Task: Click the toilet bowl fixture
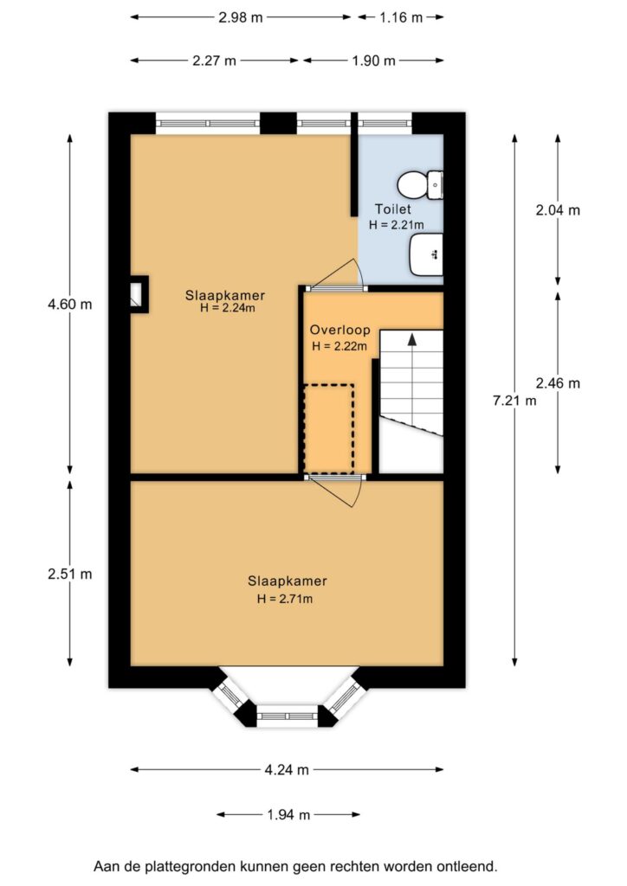[419, 185]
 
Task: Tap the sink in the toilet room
[426, 255]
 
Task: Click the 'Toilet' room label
[393, 209]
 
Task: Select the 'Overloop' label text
[339, 330]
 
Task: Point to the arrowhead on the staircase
[412, 339]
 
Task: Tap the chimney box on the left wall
[139, 294]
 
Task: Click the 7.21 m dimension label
[514, 401]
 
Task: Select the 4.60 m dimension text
[69, 305]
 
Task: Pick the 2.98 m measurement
[241, 17]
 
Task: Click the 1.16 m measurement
[401, 17]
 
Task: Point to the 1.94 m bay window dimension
[288, 815]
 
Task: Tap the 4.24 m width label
[287, 769]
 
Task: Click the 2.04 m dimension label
[558, 210]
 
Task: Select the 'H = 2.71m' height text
[284, 599]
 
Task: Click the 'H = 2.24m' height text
[227, 308]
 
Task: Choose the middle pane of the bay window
[288, 716]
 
